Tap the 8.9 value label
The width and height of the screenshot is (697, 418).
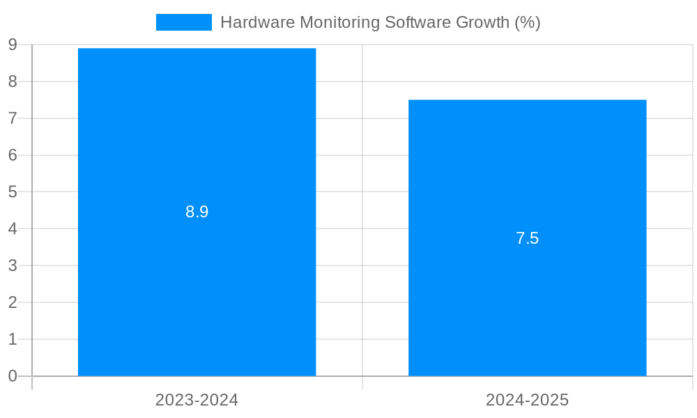click(x=197, y=212)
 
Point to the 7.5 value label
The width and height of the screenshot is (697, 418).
click(x=527, y=238)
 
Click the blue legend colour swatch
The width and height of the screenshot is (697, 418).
click(x=183, y=22)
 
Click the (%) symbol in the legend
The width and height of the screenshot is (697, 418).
click(x=528, y=22)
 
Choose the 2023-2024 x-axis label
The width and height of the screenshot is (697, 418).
click(x=197, y=400)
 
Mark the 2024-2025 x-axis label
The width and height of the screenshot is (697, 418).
click(x=527, y=400)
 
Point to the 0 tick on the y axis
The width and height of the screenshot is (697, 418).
click(x=13, y=376)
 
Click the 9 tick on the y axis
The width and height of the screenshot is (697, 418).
click(x=13, y=45)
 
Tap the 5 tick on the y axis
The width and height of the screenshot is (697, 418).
click(x=13, y=192)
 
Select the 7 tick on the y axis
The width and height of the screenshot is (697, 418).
click(x=13, y=118)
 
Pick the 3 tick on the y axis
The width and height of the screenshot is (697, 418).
click(x=13, y=265)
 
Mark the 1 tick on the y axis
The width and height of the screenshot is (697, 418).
click(x=13, y=339)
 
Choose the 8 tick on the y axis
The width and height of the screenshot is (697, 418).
click(x=13, y=82)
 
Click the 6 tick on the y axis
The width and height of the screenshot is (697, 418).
click(x=13, y=155)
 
